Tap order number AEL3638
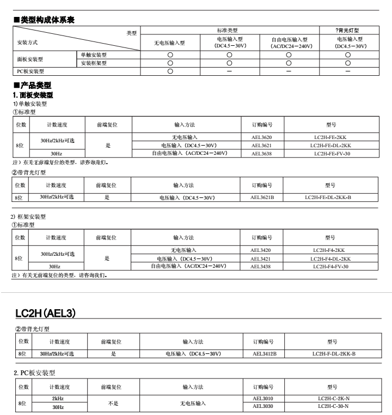coord(262,153)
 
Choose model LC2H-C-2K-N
coord(334,399)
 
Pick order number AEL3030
coord(263,406)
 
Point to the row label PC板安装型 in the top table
coord(30,71)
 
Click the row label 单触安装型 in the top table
coord(94,55)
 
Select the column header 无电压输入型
coord(170,43)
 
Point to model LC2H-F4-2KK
coord(331,250)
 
